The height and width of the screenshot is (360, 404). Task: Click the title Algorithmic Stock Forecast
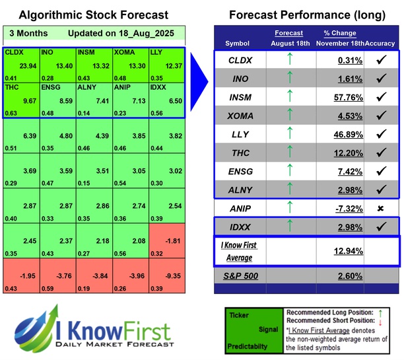tap(94, 15)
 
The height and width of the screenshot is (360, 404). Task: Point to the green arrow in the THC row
tap(288, 171)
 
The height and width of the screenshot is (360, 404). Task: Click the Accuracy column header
tap(381, 44)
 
